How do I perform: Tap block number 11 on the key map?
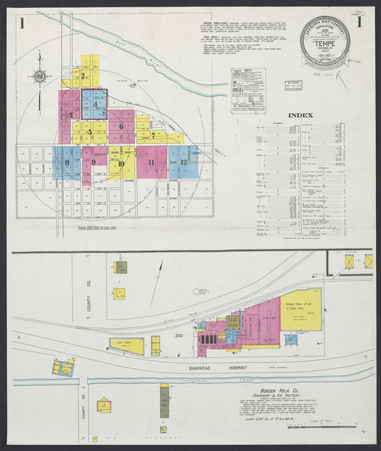point(151,162)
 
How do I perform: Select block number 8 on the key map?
point(67,162)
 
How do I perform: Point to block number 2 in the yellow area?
point(85,74)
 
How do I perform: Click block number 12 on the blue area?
point(184,162)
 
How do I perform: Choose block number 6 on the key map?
point(122,127)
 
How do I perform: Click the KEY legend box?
point(249,90)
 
